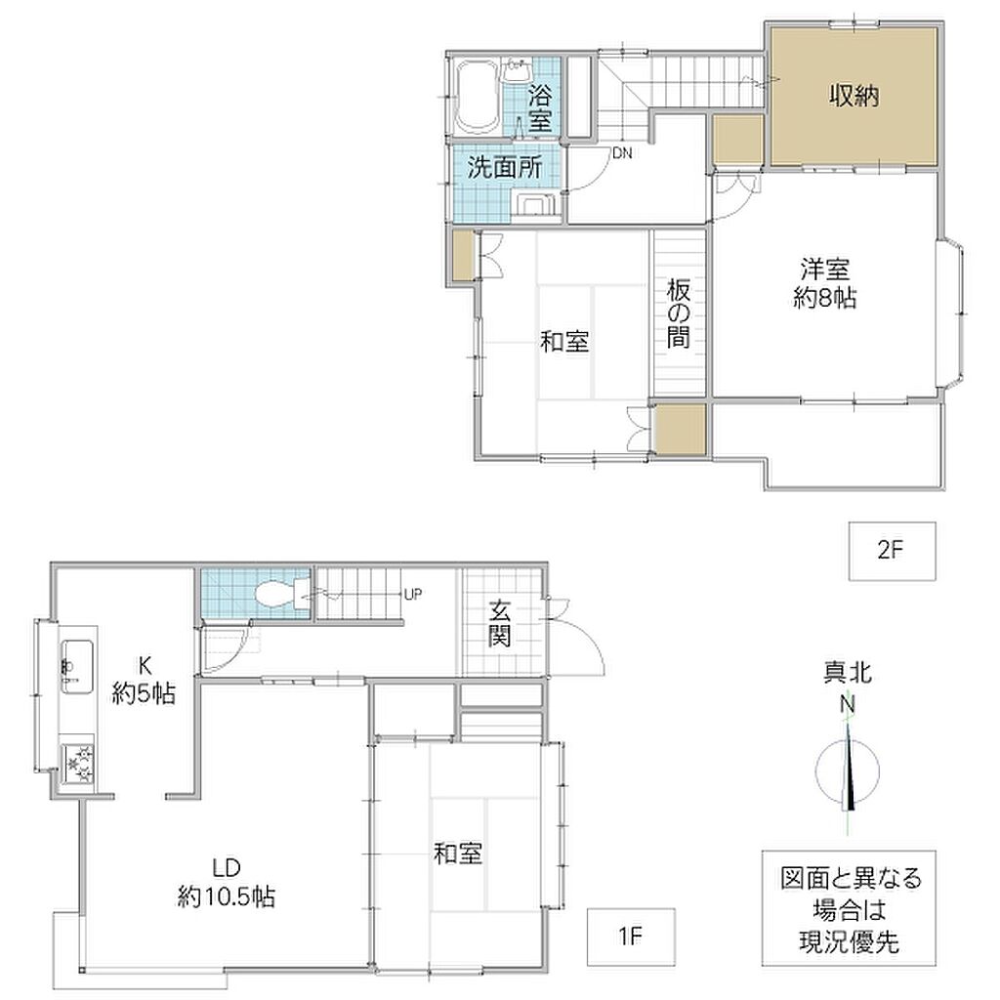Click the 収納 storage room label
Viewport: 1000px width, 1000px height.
pyautogui.click(x=854, y=97)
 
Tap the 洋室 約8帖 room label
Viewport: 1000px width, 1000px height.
pyautogui.click(x=824, y=284)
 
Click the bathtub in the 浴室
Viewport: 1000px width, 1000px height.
pyautogui.click(x=478, y=97)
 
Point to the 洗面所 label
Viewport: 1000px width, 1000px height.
pyautogui.click(x=505, y=167)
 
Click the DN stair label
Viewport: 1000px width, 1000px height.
pyautogui.click(x=622, y=153)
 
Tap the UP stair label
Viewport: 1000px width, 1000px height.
pyautogui.click(x=413, y=595)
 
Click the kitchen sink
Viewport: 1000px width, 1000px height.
pyautogui.click(x=77, y=667)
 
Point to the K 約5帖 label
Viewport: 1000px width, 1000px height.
pyautogui.click(x=145, y=680)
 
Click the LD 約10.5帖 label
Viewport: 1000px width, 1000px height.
pyautogui.click(x=227, y=883)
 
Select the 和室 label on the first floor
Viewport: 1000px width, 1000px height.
pyautogui.click(x=457, y=854)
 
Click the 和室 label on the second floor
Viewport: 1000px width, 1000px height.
pyautogui.click(x=564, y=342)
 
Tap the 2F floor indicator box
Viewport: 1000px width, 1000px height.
pyautogui.click(x=893, y=551)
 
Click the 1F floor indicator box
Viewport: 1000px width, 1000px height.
pyautogui.click(x=631, y=937)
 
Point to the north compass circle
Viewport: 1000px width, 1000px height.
pyautogui.click(x=848, y=772)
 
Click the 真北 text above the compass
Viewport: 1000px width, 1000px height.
pyautogui.click(x=848, y=673)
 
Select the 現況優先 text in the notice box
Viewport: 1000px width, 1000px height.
pyautogui.click(x=849, y=942)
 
